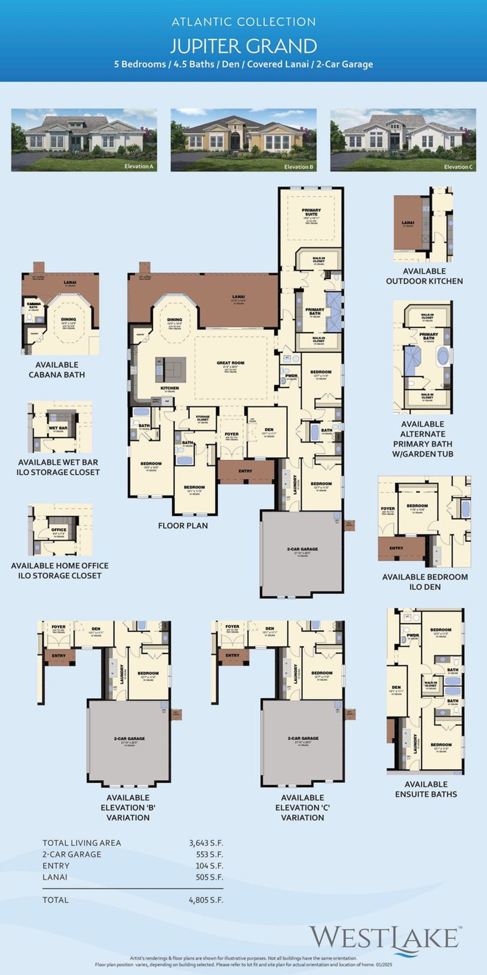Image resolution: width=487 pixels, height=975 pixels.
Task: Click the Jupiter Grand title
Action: coord(243,46)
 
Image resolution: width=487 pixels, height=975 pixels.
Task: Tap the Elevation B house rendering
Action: coord(243,140)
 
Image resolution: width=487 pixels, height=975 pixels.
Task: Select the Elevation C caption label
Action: coord(458,167)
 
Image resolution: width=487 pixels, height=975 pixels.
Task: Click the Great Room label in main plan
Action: coord(231,363)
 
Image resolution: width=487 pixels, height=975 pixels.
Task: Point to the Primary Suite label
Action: coord(311,212)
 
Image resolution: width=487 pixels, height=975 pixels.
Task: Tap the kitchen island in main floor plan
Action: coord(170,369)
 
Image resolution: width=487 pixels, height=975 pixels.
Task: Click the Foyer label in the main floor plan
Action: coord(231,434)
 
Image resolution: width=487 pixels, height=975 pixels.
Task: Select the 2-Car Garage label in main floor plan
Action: coord(302,549)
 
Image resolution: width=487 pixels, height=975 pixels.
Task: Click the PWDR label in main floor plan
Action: coord(291,376)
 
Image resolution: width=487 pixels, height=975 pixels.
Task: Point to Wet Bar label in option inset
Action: coord(58,428)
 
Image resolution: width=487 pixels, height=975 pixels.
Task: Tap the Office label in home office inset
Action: coord(59,529)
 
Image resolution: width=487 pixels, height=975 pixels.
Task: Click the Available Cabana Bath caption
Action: coord(57,369)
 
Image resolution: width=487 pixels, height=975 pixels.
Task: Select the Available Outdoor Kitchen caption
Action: coord(424,276)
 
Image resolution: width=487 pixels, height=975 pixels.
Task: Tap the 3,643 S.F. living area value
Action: coord(206,843)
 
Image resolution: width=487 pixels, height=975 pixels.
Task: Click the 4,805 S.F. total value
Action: coord(206,900)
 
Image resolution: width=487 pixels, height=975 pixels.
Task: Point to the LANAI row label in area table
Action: coord(55,877)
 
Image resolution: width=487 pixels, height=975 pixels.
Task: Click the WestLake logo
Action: coord(384,938)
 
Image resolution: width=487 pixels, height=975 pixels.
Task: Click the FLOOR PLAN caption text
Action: coord(183,526)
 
